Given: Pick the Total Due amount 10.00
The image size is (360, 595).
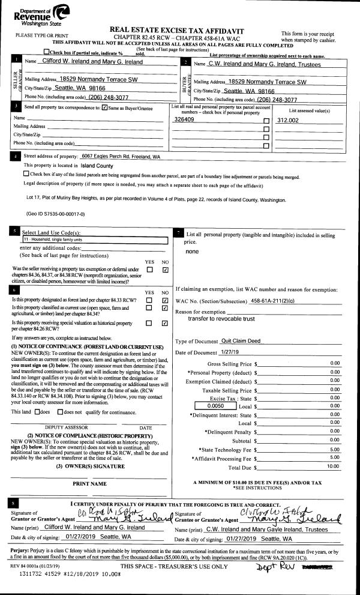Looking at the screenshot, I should click(x=333, y=466).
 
